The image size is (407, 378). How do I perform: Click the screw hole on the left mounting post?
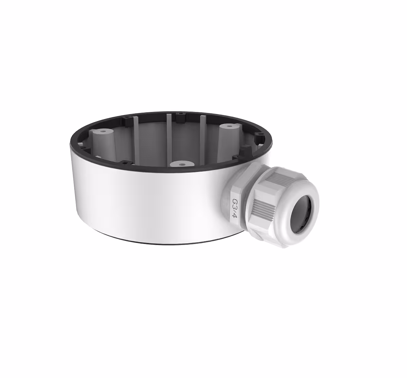(103, 131)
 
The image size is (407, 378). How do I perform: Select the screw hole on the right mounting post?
(229, 127)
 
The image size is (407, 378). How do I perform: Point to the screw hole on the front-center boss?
(182, 164)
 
